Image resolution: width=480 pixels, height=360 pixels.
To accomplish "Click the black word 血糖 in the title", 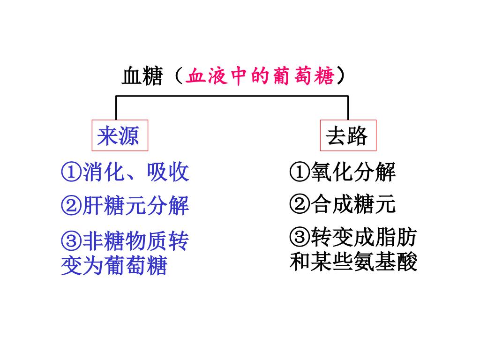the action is [142, 76].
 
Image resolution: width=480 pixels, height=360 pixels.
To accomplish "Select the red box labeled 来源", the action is [120, 135].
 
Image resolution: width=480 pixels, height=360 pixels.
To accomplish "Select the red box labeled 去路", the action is [348, 136].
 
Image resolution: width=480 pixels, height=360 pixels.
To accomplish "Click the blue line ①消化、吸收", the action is [125, 172].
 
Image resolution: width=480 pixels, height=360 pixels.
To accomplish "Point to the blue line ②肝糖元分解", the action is [125, 205].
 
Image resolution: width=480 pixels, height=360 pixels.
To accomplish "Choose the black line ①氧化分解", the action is [343, 172].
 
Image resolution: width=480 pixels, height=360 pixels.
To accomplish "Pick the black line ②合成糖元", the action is [343, 204].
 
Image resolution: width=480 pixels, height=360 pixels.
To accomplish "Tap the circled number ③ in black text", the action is [300, 239].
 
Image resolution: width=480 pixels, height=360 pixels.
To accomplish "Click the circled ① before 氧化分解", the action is [300, 173].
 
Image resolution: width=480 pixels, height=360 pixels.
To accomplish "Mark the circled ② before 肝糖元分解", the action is [71, 206].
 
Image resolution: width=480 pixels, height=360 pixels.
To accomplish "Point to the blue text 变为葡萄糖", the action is [114, 266].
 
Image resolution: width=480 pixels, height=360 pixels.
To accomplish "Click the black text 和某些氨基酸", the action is [353, 262].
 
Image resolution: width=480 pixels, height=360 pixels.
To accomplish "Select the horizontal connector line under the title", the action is [232, 96].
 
